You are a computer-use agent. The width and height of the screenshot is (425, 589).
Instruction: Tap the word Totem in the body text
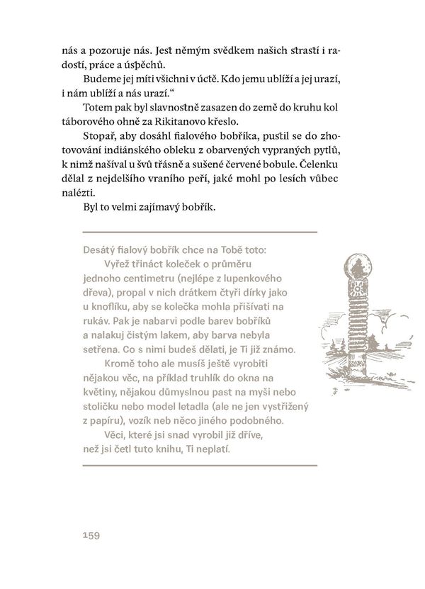(x=99, y=107)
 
